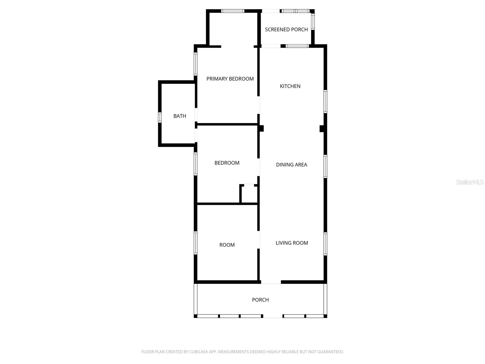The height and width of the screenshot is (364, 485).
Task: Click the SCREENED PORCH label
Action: pos(286,29)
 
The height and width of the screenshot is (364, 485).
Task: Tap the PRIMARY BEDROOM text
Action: pos(230,79)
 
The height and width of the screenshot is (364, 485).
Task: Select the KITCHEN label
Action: pos(290,86)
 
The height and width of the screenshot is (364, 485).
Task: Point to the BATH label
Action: pos(180,116)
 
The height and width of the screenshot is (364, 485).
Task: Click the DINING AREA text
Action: pos(291,165)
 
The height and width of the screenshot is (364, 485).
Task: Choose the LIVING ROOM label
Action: pos(292,243)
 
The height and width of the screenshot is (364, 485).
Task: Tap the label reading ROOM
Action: pos(227,245)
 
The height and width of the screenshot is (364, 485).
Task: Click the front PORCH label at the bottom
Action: pos(260,300)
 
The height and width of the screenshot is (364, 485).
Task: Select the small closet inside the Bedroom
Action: pos(249,194)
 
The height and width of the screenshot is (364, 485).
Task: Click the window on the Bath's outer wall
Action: pos(160,117)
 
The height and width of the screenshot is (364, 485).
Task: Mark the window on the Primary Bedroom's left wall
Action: pos(196,64)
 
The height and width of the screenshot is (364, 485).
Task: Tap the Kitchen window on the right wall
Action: pos(325,101)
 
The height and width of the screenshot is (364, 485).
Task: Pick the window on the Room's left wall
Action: pos(196,243)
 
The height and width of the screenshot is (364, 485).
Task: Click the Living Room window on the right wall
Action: pos(325,244)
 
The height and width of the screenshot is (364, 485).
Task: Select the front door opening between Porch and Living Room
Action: pos(271,282)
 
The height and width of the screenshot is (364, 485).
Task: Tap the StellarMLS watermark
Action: pos(470,182)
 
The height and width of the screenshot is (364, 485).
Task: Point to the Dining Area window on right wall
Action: pos(325,166)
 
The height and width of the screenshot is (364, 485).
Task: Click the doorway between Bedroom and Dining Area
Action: pos(259,167)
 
